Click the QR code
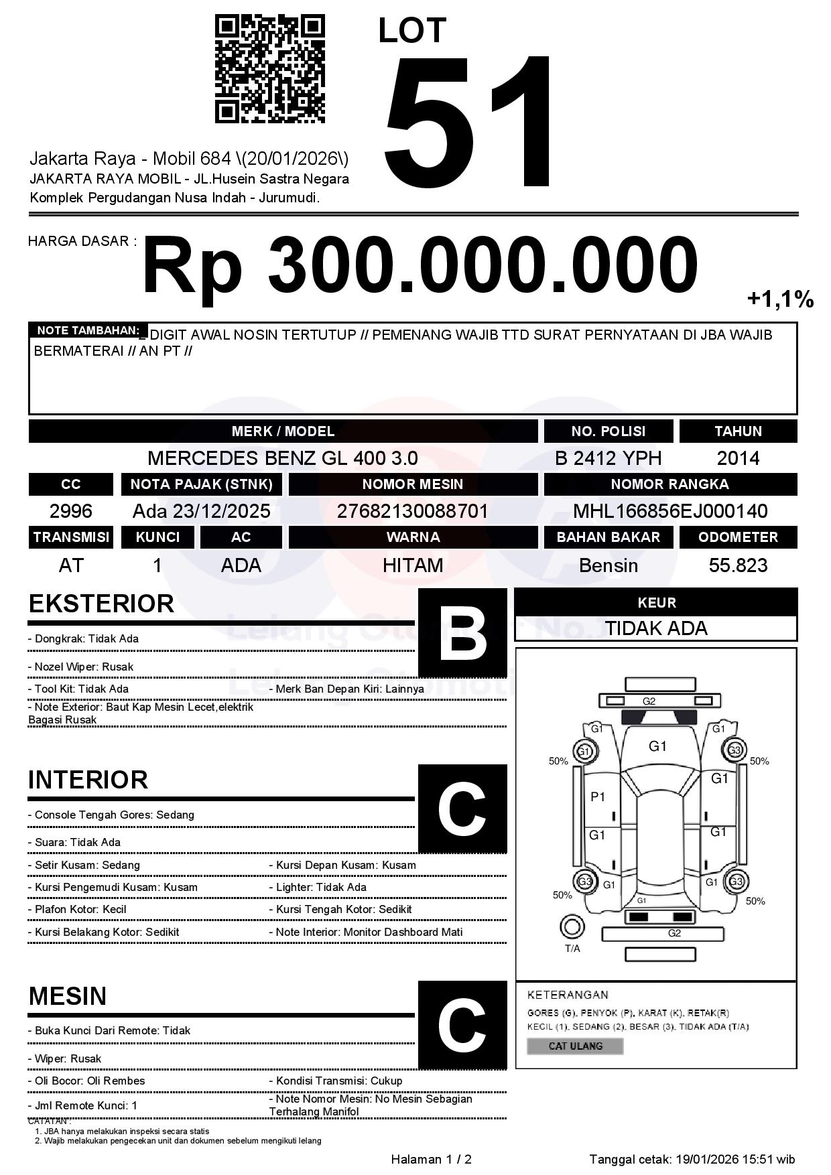click(x=269, y=70)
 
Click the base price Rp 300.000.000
click(x=420, y=266)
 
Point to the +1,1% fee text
click(x=780, y=299)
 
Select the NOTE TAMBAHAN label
click(x=88, y=330)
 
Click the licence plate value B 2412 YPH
click(x=608, y=458)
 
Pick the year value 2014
click(x=738, y=458)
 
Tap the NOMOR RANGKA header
click(x=669, y=484)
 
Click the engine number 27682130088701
click(x=412, y=512)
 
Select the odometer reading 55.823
click(x=738, y=565)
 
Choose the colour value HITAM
click(x=413, y=565)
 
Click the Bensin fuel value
click(x=608, y=565)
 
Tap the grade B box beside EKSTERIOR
click(x=462, y=633)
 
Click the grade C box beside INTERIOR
click(x=462, y=808)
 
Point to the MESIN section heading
click(x=68, y=996)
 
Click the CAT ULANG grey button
click(x=575, y=1046)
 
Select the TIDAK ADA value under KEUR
click(x=655, y=628)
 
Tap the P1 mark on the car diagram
click(x=598, y=797)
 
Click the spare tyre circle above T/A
click(x=572, y=926)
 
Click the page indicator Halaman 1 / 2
click(x=431, y=1159)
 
